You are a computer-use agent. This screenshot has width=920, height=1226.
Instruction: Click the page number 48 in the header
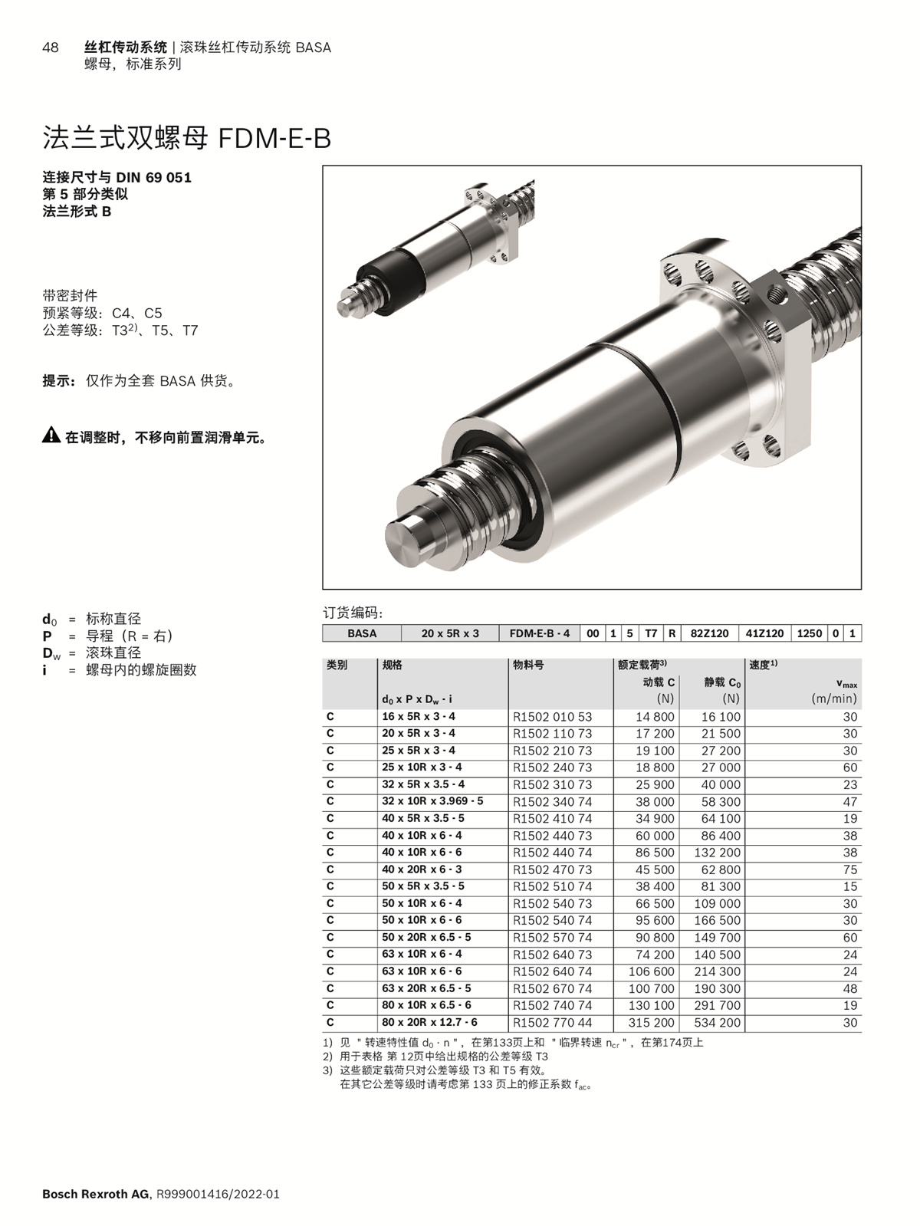coord(51,48)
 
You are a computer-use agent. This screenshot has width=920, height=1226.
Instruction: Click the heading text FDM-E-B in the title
coord(274,138)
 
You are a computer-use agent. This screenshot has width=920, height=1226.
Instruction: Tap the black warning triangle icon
coord(51,435)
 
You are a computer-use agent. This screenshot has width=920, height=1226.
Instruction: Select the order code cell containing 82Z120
coord(709,633)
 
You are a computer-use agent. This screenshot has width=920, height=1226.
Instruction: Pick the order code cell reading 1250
coord(810,633)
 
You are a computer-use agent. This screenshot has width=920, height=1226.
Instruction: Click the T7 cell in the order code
coord(651,633)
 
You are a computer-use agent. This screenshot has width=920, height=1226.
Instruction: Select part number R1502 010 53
coord(552,717)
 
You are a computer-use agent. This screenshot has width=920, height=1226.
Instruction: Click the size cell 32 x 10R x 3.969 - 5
coord(432,801)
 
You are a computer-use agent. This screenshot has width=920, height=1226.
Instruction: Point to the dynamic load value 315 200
coord(652,1023)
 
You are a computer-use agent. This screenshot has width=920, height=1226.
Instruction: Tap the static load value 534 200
coord(718,1023)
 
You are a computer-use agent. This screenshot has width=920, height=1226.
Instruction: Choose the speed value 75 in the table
coord(849,869)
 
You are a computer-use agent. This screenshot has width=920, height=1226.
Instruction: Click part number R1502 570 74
coord(552,938)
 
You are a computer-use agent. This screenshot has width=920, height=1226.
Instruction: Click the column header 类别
coord(337,666)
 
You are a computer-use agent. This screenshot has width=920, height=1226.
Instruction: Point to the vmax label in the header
coord(847,684)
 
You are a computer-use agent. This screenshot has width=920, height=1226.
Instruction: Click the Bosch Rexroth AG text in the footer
coord(96,1195)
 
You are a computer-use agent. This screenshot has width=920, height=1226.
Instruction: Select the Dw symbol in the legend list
coord(51,653)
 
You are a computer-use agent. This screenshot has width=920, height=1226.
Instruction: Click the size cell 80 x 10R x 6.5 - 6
coord(426,1005)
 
